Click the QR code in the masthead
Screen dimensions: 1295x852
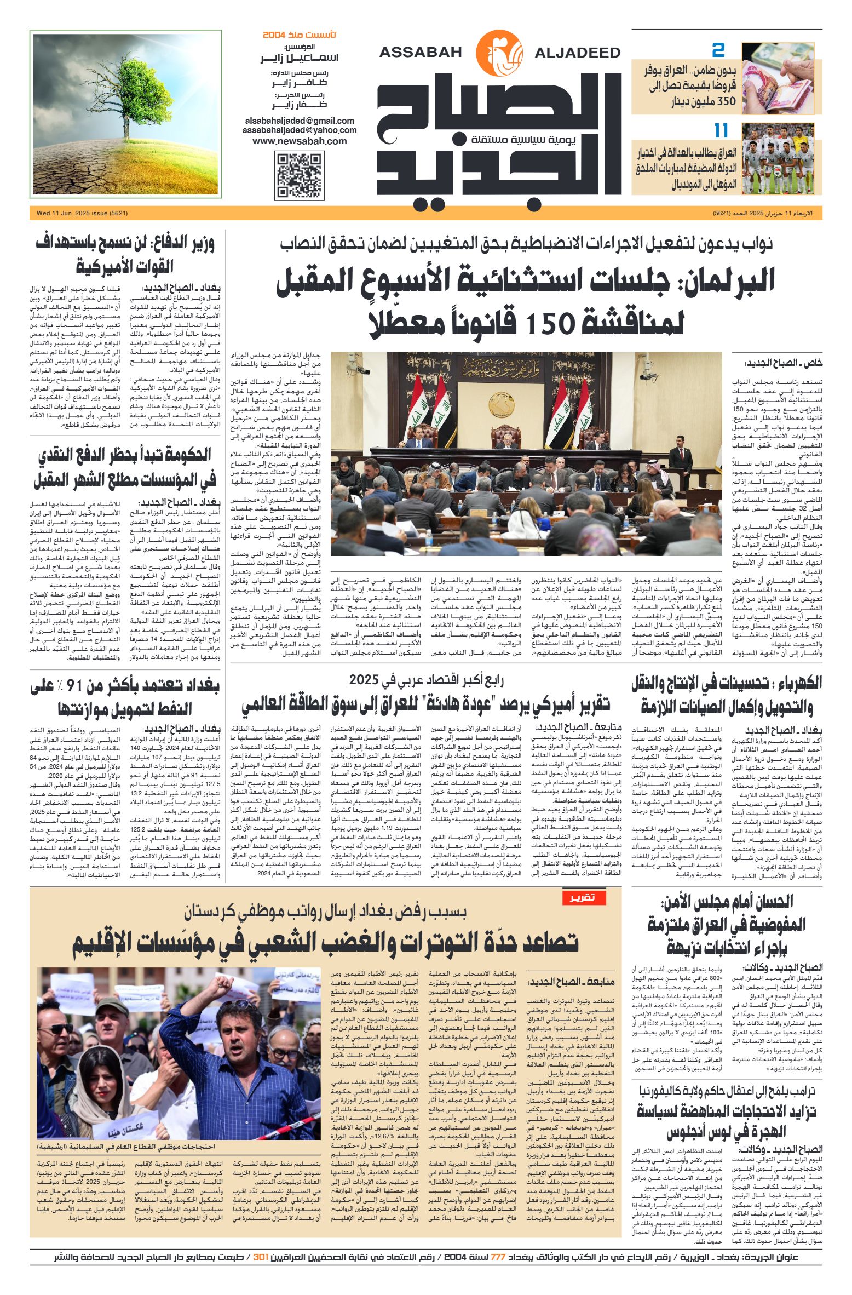click(298, 176)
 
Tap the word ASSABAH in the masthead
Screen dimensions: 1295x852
click(421, 53)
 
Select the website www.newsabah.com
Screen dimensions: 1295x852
click(300, 141)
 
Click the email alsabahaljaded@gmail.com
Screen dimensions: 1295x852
click(300, 121)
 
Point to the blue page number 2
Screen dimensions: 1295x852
click(718, 51)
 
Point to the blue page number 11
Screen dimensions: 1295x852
click(721, 131)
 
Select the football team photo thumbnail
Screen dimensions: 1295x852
click(782, 158)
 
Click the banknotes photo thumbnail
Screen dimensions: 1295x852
click(782, 78)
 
